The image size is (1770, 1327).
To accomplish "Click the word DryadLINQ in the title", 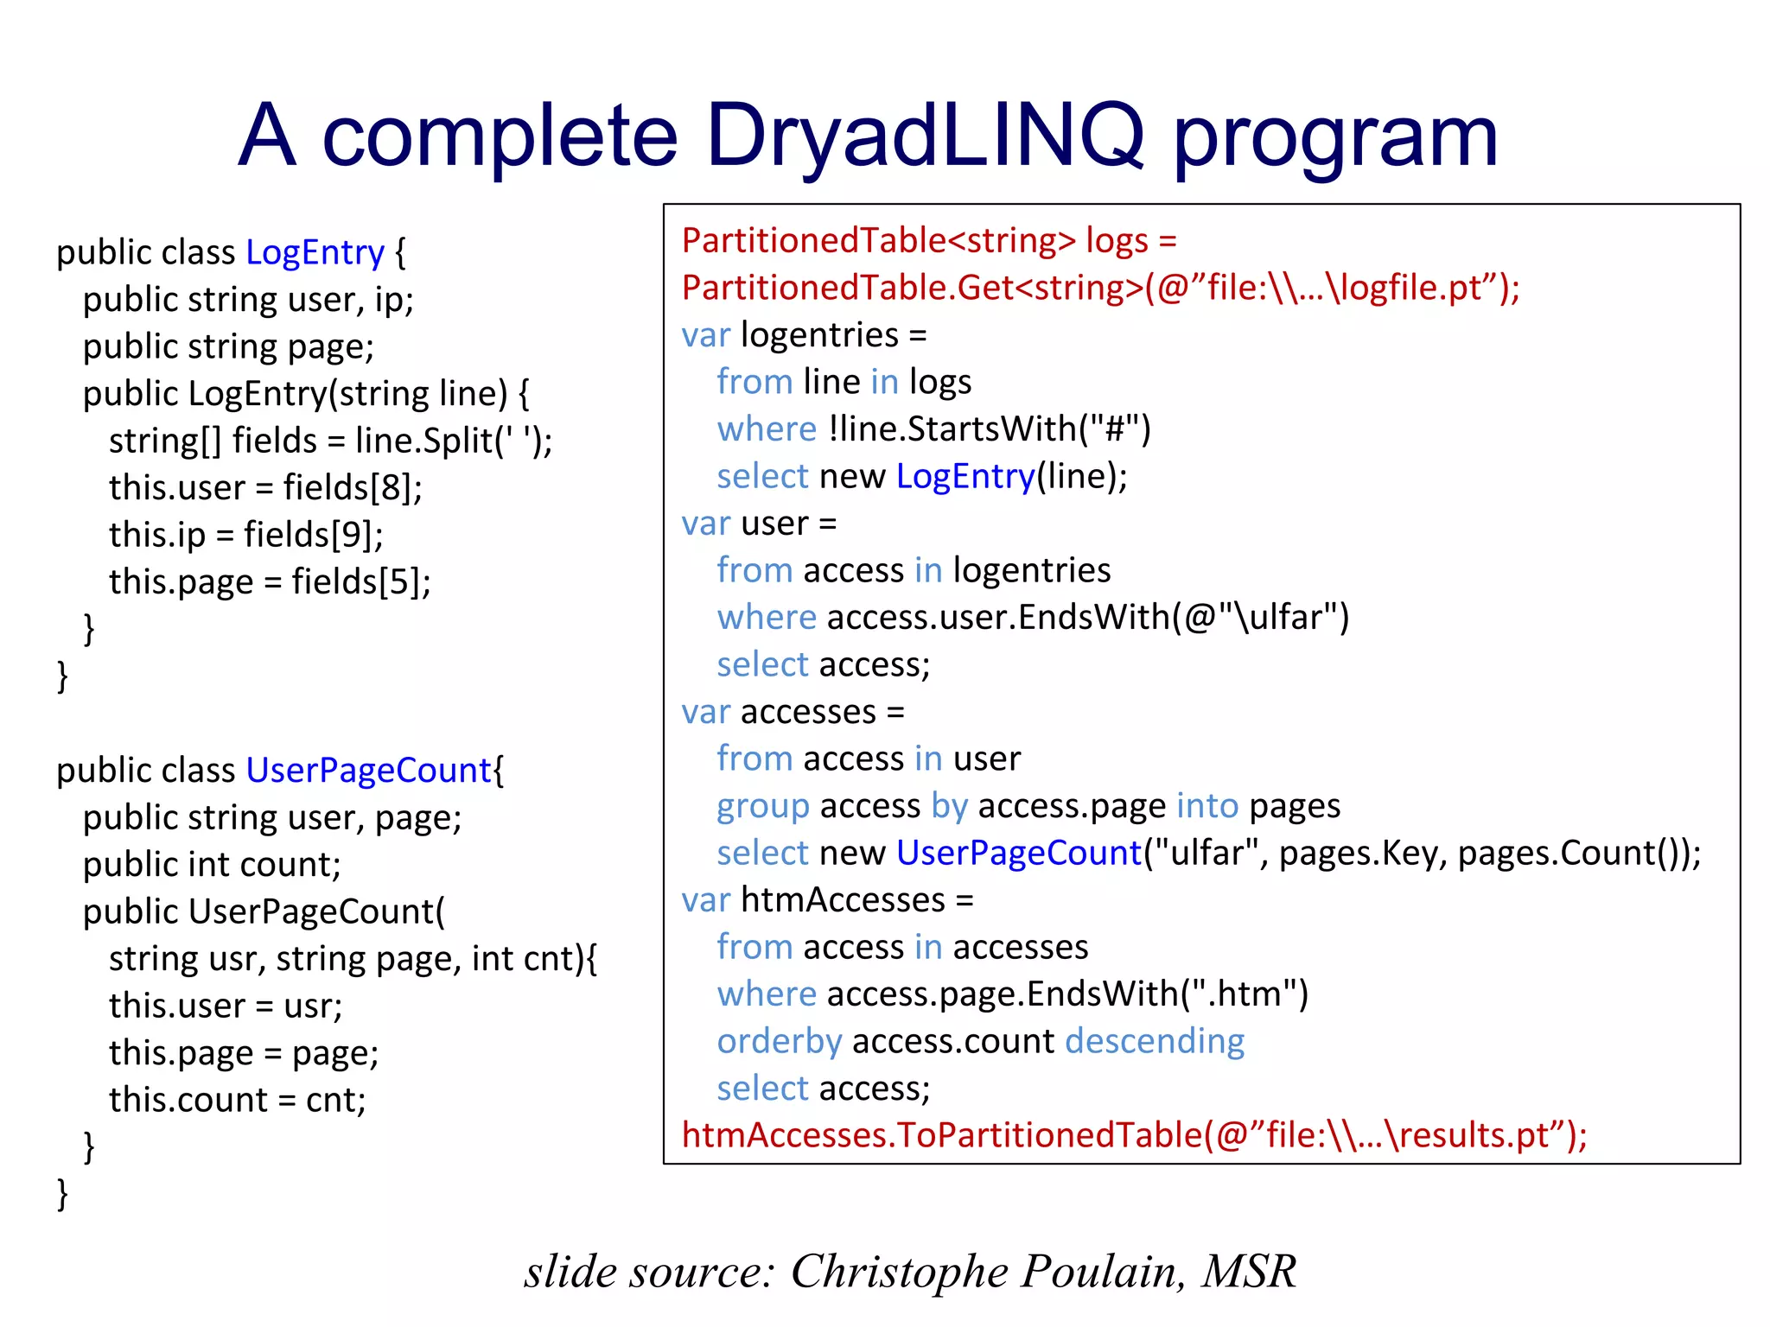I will point(925,136).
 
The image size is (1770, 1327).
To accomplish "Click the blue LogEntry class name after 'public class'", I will point(315,252).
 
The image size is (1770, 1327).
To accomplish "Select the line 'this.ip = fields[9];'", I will point(246,535).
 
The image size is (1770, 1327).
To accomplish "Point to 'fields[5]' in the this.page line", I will point(360,582).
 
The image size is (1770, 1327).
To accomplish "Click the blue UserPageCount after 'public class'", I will point(368,771).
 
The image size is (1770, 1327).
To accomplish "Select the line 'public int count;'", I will point(212,865).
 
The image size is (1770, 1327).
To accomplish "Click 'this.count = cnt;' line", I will point(238,1101).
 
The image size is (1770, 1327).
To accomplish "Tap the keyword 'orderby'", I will point(779,1042).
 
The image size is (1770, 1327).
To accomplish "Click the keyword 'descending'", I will point(1155,1042).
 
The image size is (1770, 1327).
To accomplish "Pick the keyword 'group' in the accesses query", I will point(762,806).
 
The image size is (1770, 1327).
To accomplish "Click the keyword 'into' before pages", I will point(1207,806).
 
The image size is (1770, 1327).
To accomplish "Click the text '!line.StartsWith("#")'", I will point(989,429).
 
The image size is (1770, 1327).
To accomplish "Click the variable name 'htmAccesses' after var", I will point(844,900).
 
